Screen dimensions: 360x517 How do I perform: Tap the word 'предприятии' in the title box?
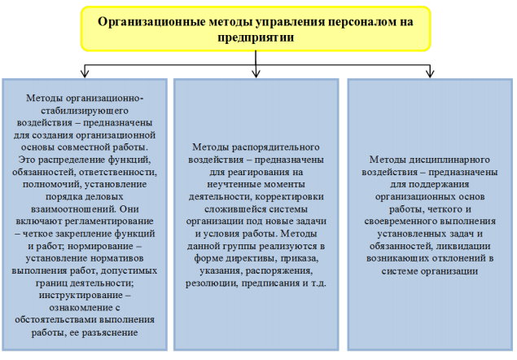(x=257, y=37)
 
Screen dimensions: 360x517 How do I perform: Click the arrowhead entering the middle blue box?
(x=257, y=74)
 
